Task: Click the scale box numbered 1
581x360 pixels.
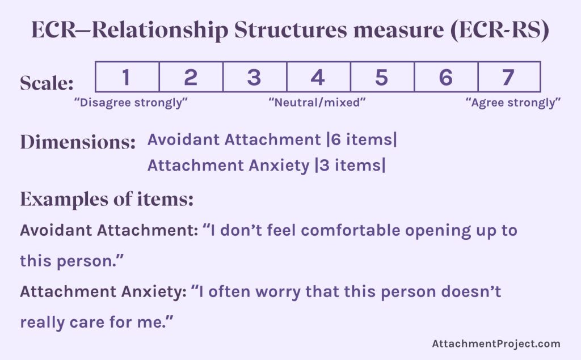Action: click(x=127, y=77)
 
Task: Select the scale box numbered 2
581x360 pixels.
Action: click(x=191, y=77)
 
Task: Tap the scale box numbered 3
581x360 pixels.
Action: click(x=254, y=77)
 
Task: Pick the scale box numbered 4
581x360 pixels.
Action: click(x=318, y=77)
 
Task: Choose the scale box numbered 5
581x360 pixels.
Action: click(x=382, y=77)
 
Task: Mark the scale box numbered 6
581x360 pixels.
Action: click(x=446, y=77)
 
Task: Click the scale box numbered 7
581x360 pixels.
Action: click(x=508, y=77)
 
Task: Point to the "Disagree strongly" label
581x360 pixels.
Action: click(x=131, y=103)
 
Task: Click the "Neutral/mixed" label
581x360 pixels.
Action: click(x=317, y=103)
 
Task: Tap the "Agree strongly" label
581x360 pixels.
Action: click(x=513, y=103)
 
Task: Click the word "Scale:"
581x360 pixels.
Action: click(x=47, y=84)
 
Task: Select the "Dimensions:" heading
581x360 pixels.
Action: click(x=78, y=142)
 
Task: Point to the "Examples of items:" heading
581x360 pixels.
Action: click(x=107, y=199)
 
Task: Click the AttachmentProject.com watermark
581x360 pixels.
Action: click(x=496, y=344)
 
